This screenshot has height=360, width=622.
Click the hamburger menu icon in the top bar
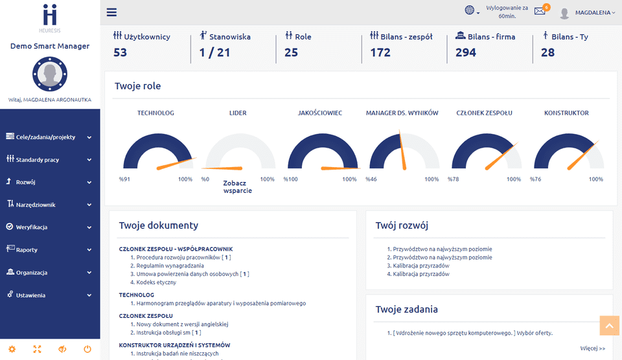click(111, 12)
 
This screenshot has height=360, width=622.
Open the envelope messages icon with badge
click(540, 11)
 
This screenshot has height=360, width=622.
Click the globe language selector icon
click(470, 10)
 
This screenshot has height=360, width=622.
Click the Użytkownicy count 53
click(120, 52)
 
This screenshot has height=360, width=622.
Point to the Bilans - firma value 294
click(465, 52)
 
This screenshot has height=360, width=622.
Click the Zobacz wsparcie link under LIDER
click(237, 186)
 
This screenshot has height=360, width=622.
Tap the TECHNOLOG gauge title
click(155, 113)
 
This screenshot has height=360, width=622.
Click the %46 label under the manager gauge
click(371, 179)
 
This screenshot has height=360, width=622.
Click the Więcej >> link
click(592, 348)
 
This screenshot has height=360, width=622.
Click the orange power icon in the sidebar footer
click(87, 349)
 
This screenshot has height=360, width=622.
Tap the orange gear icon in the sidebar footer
click(12, 349)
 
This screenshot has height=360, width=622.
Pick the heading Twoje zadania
click(406, 309)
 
